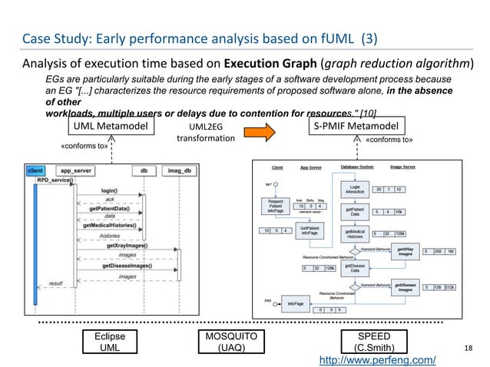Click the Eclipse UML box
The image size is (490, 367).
tap(103, 342)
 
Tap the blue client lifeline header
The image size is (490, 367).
tap(35, 171)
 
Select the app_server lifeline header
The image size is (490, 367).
tap(76, 171)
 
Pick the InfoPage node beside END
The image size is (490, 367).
tap(294, 303)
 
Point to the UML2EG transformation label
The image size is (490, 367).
tap(205, 132)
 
